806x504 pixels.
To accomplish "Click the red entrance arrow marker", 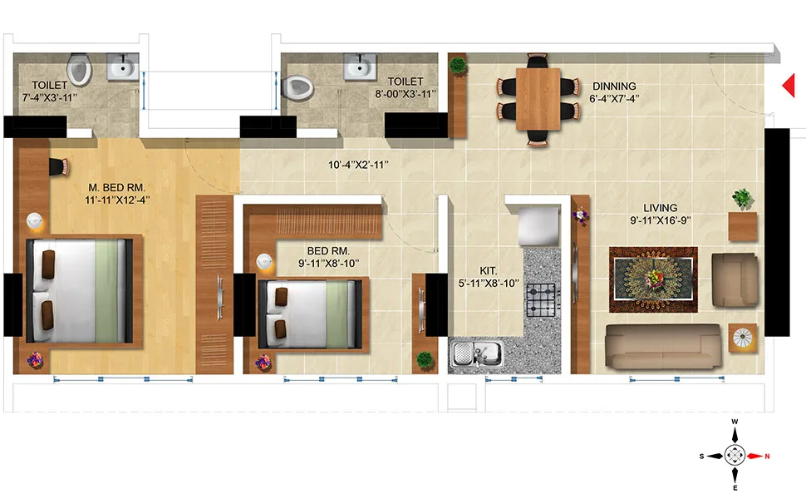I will pyautogui.click(x=789, y=85).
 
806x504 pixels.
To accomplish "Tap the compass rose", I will pyautogui.click(x=735, y=455).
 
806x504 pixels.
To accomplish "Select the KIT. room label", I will pyautogui.click(x=488, y=270).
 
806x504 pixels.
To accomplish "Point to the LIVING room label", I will pyautogui.click(x=660, y=208).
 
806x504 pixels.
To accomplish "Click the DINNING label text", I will pyautogui.click(x=614, y=86).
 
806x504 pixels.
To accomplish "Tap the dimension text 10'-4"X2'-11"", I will pyautogui.click(x=358, y=165).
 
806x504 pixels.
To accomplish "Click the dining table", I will pyautogui.click(x=538, y=98).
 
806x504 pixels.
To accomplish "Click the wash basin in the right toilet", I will pyautogui.click(x=360, y=67).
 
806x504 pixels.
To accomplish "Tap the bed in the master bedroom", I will pyautogui.click(x=78, y=290).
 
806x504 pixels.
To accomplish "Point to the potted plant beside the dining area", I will pyautogui.click(x=457, y=65).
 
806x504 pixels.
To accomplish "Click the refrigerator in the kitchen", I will pyautogui.click(x=536, y=225).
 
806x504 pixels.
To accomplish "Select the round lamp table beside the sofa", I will pyautogui.click(x=743, y=338).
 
